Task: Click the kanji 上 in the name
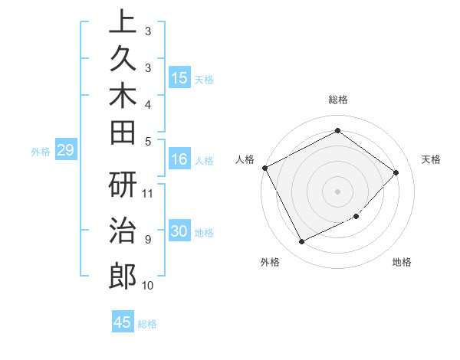(x=122, y=22)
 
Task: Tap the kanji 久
(x=122, y=64)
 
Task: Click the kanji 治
(x=122, y=231)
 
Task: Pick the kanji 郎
(x=122, y=276)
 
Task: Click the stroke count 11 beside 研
(x=148, y=193)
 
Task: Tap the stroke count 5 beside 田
(x=148, y=140)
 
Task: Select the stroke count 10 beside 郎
(x=148, y=286)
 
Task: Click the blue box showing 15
(x=179, y=77)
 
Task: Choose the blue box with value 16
(x=179, y=159)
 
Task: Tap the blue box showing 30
(x=179, y=231)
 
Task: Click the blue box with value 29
(x=65, y=150)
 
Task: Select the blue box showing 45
(x=123, y=322)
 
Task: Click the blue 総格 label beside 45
(x=147, y=324)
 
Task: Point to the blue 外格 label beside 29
(x=41, y=152)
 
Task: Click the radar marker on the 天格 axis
(x=396, y=172)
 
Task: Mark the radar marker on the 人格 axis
(x=264, y=168)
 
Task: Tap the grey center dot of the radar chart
(x=337, y=191)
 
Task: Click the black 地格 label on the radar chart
(x=402, y=263)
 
